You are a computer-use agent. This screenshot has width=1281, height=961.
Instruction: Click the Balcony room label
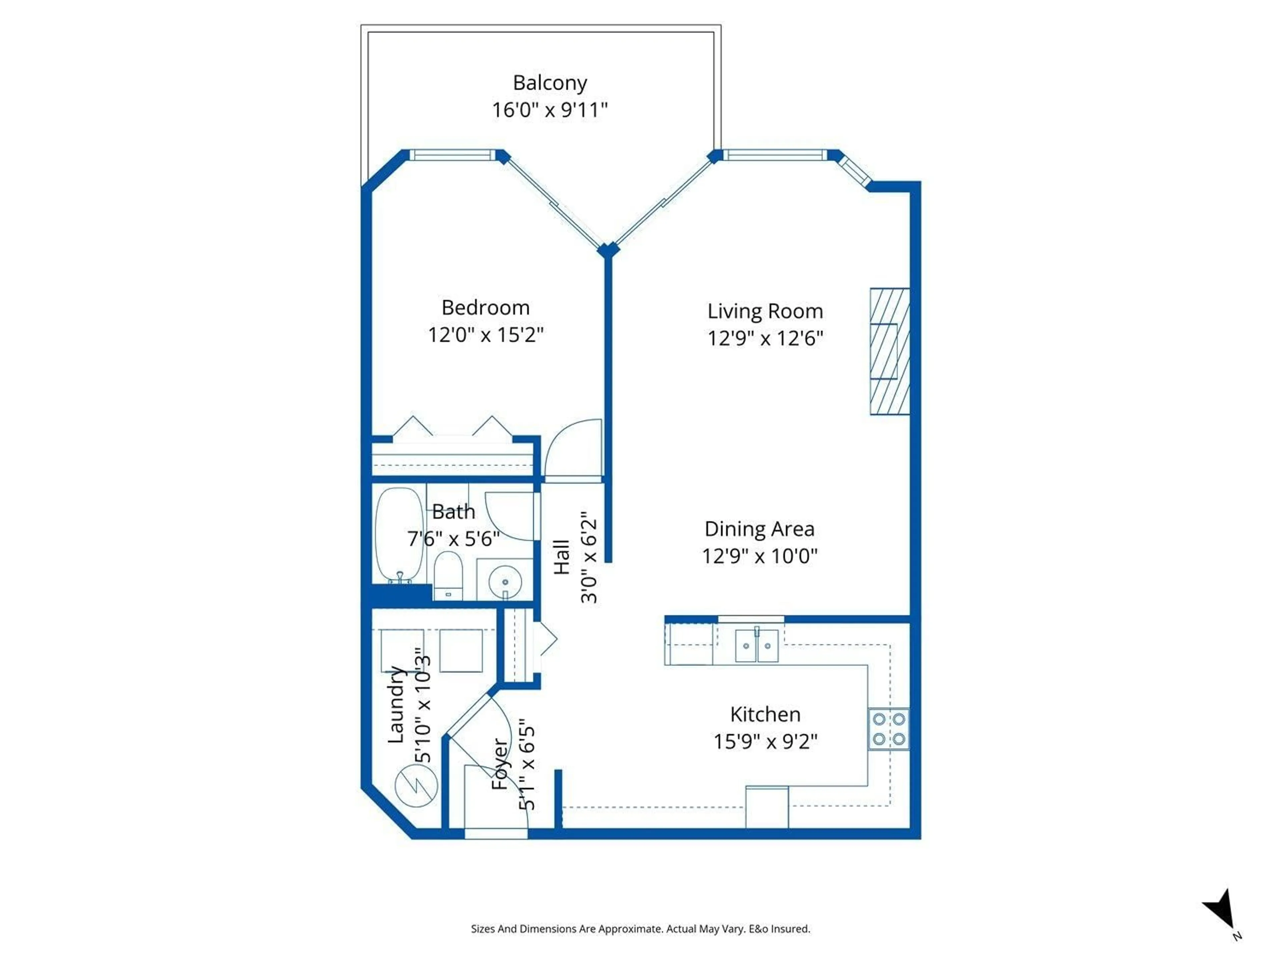pos(549,83)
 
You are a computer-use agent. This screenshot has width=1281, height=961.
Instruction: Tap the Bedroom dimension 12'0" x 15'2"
pos(485,335)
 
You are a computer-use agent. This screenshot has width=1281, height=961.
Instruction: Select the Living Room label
pos(765,311)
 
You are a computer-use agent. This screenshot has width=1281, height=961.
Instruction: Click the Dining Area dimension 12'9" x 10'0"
pos(759,556)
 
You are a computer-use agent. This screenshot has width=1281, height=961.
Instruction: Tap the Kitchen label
pos(765,714)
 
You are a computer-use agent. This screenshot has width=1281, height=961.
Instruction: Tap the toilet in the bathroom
pos(448,575)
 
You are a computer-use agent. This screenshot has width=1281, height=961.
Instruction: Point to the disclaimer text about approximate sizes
pos(640,929)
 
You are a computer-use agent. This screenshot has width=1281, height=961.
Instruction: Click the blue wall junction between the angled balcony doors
pos(608,250)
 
